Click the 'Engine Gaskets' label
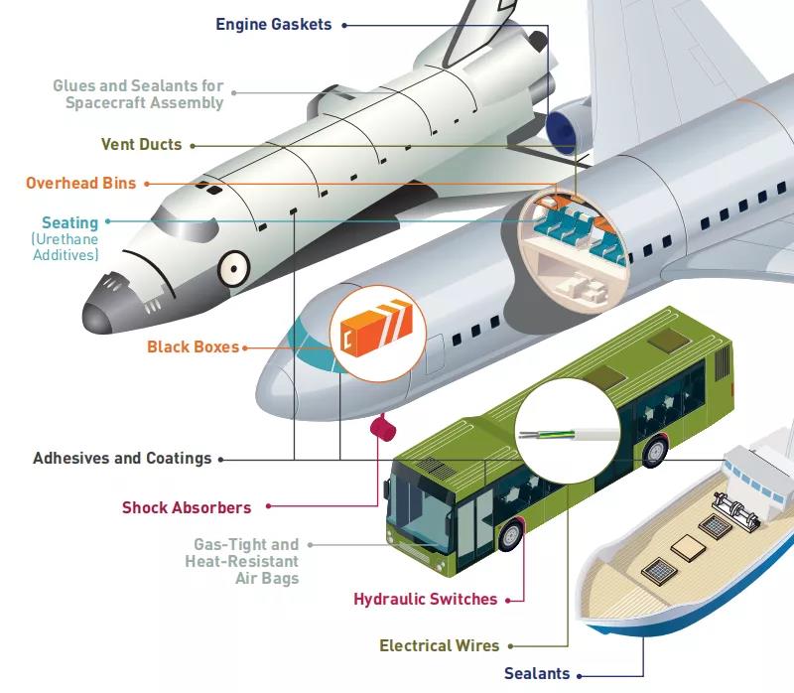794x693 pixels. pyautogui.click(x=273, y=24)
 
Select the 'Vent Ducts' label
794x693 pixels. pyautogui.click(x=141, y=144)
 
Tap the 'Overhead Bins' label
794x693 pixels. pyautogui.click(x=80, y=183)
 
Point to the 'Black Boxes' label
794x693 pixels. pyautogui.click(x=193, y=346)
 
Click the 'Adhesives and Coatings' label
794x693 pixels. pyautogui.click(x=122, y=459)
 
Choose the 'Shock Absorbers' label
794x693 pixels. pyautogui.click(x=187, y=507)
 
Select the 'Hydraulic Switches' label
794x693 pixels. pyautogui.click(x=425, y=599)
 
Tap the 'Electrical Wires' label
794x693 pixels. pyautogui.click(x=439, y=646)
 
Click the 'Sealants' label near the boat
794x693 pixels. pyautogui.click(x=537, y=673)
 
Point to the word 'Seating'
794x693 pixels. pyautogui.click(x=69, y=222)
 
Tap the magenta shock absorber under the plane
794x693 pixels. pyautogui.click(x=382, y=428)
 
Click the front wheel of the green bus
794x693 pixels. pyautogui.click(x=509, y=535)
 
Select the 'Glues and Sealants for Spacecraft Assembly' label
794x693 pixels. pyautogui.click(x=138, y=94)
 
